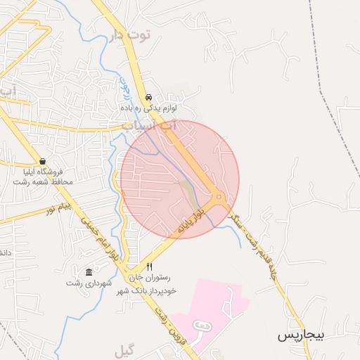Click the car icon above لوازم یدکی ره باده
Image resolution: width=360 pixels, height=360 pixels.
(148, 98)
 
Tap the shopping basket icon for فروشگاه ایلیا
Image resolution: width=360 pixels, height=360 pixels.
(43, 161)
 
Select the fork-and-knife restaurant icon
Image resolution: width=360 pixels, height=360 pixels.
(149, 267)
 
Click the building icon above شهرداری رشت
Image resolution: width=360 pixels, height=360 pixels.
(89, 272)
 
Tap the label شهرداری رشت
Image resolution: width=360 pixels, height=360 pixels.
(84, 283)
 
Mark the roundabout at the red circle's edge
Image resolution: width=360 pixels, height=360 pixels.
(219, 198)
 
